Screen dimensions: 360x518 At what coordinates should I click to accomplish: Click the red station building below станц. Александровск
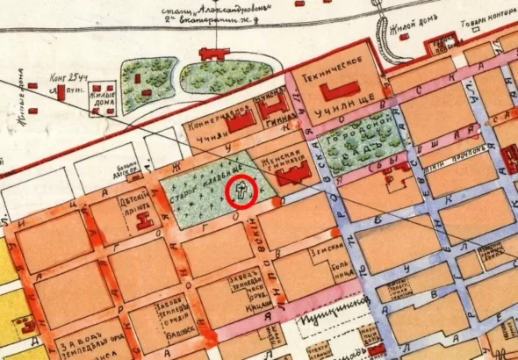coord(214,54)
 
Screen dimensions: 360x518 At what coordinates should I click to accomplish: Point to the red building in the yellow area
coord(6,330)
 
